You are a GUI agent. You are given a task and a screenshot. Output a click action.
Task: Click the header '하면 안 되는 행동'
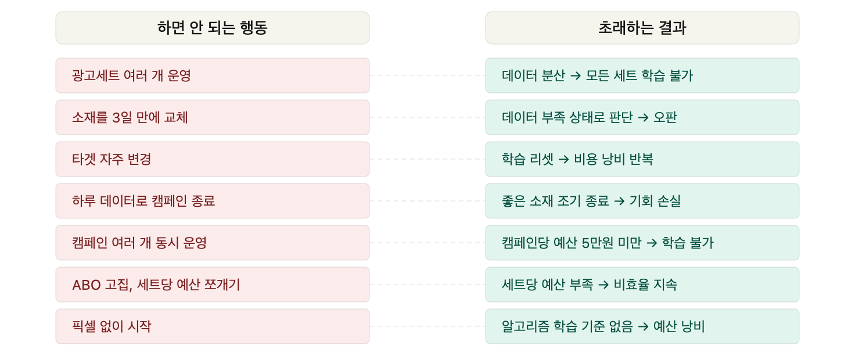(x=212, y=28)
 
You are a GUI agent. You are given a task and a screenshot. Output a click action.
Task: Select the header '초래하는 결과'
(x=642, y=28)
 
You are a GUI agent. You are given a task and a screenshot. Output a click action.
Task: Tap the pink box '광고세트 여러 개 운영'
(x=212, y=75)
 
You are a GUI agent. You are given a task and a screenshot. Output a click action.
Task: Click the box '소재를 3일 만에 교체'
(x=212, y=117)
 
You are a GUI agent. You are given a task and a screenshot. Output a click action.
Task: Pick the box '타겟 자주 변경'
(x=212, y=159)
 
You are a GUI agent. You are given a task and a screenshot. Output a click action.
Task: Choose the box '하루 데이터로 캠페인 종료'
(x=212, y=201)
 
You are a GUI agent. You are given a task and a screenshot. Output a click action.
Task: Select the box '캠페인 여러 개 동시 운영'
(x=212, y=243)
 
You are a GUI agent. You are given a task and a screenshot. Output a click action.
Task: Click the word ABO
(x=87, y=285)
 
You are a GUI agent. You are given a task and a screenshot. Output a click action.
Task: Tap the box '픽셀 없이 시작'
(x=212, y=326)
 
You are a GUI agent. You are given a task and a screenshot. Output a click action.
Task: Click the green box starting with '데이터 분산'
(x=642, y=75)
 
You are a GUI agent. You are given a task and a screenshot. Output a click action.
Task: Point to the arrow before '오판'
(x=643, y=118)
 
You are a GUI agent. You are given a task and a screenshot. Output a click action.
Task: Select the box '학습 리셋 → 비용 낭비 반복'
(x=642, y=159)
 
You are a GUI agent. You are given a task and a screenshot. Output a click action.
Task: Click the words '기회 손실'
(x=655, y=201)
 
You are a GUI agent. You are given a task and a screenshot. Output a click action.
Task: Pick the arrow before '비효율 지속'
(x=603, y=285)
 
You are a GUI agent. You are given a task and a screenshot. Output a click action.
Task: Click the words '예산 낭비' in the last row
(x=679, y=326)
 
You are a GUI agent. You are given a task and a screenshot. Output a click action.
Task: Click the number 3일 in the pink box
(x=122, y=118)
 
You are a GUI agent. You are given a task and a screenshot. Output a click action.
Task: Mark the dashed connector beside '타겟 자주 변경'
(x=427, y=159)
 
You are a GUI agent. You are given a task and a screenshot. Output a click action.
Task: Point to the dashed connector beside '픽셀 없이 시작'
(x=427, y=326)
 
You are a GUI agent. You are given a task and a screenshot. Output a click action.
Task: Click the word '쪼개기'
(x=222, y=285)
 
